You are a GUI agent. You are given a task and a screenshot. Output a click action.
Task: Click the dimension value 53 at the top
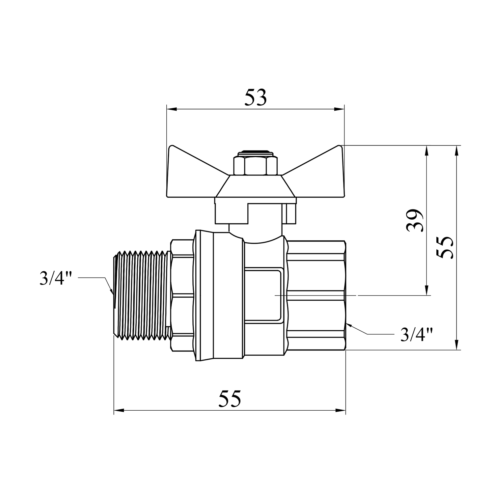click(255, 98)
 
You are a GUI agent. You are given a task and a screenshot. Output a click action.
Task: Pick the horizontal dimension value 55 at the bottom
click(230, 399)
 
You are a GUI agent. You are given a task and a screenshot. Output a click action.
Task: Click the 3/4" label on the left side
click(56, 279)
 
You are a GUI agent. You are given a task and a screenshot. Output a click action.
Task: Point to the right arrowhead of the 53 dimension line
click(339, 109)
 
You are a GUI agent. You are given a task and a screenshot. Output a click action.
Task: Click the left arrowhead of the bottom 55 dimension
click(119, 410)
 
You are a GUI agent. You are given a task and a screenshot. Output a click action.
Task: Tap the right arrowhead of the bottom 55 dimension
click(341, 410)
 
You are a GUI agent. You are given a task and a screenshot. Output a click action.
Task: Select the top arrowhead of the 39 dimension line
click(427, 151)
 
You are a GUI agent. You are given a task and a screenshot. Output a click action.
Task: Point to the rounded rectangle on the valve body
click(263, 295)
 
